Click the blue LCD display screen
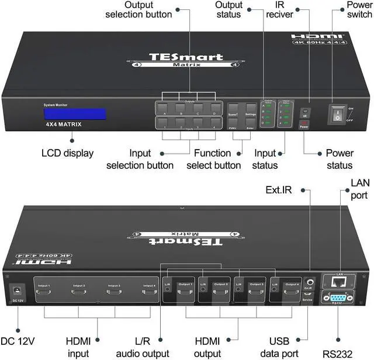tap(74, 113)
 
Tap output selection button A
tap(165, 108)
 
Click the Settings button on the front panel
tap(251, 108)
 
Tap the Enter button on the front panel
tap(251, 124)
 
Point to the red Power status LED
tap(304, 124)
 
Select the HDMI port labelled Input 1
tap(45, 293)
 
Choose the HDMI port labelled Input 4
tap(149, 293)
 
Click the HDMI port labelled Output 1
tap(185, 293)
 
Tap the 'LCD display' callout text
tap(68, 153)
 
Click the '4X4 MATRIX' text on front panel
tap(64, 125)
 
